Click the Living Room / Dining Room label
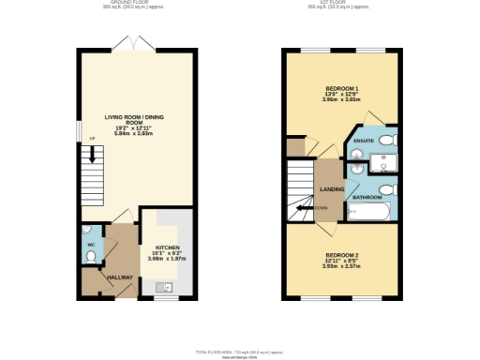click(126, 120)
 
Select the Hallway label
click(119, 277)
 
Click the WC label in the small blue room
click(91, 246)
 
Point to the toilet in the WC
click(87, 230)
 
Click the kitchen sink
click(170, 287)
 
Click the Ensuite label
click(365, 142)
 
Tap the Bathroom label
click(367, 198)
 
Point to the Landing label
click(331, 188)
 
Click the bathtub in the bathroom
click(372, 214)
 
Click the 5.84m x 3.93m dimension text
click(126, 134)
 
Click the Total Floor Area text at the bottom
click(239, 351)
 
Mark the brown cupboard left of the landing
click(297, 147)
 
